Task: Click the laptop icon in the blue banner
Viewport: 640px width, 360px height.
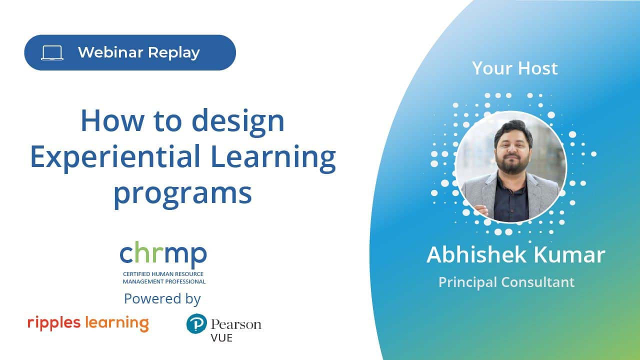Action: coord(52,53)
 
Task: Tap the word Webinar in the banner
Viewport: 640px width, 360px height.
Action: coord(110,52)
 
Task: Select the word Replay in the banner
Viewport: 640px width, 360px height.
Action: coord(174,53)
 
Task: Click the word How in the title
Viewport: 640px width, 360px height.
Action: coord(112,120)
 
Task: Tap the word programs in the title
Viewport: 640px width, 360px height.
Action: coord(183,194)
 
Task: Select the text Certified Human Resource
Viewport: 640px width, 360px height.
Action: coord(163,274)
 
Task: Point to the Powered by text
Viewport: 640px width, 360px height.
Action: coord(162,299)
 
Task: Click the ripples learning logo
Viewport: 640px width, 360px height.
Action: coord(88,323)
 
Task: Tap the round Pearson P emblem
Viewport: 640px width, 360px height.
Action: coord(196,323)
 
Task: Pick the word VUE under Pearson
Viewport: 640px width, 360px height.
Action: coord(221,338)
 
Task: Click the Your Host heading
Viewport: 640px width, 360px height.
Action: coord(515,68)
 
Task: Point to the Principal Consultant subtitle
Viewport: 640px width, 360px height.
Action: coord(506,282)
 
